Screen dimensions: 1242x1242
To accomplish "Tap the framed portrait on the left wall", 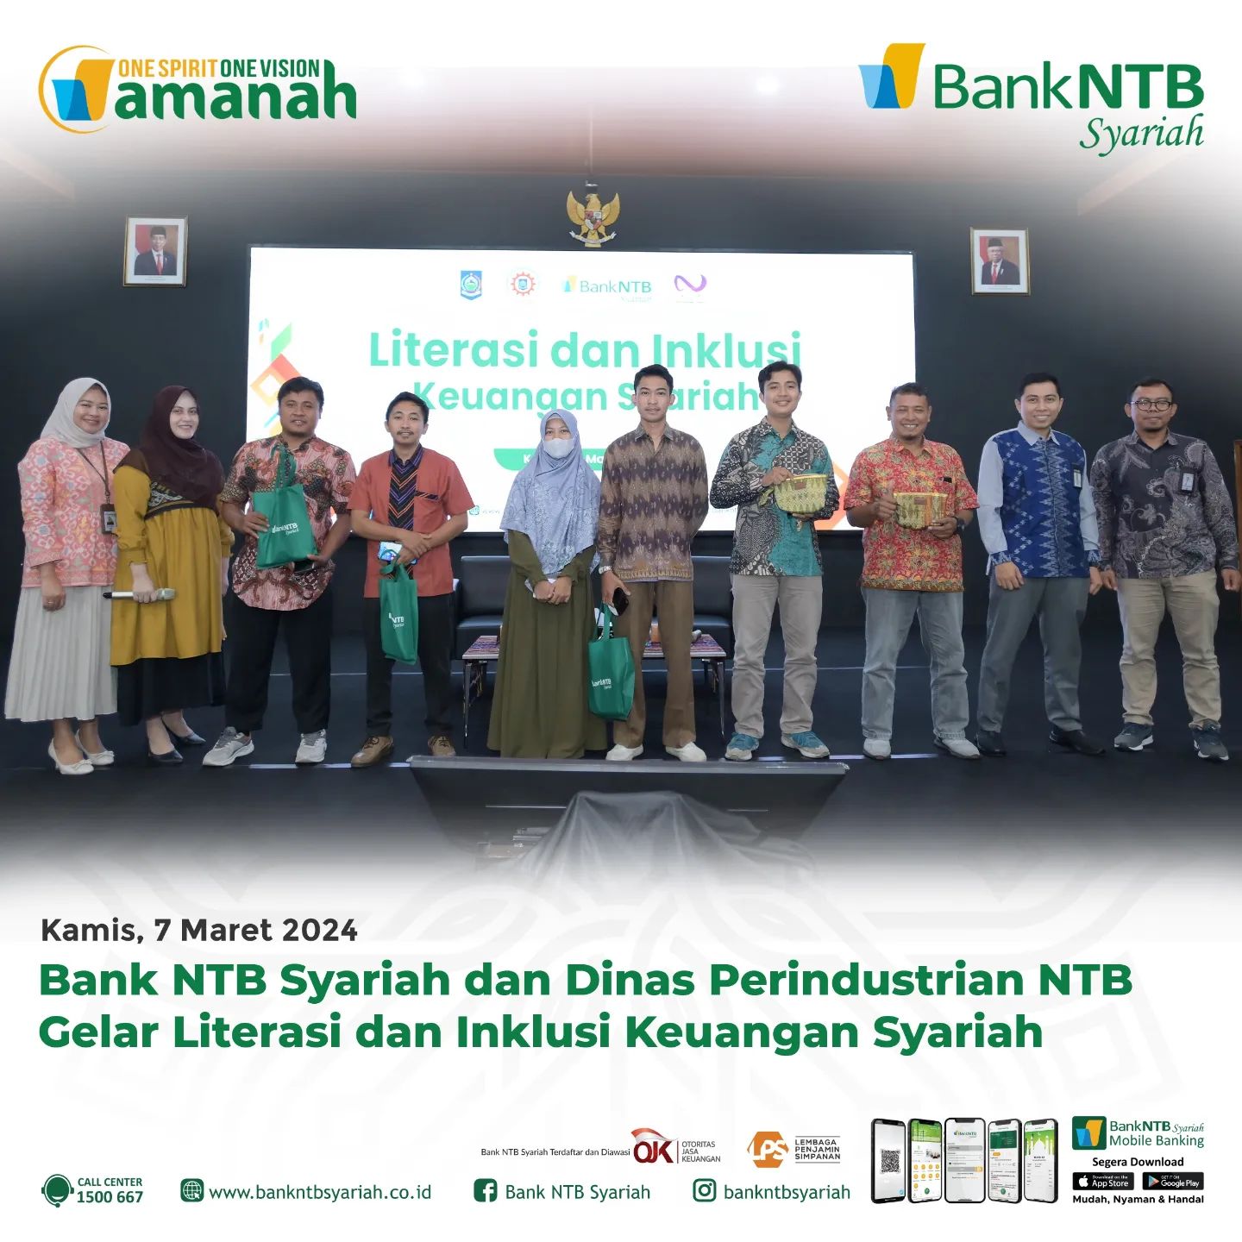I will coord(155,251).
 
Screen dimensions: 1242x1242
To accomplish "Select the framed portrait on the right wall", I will coord(1000,260).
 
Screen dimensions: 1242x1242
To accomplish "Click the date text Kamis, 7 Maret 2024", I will coord(199,930).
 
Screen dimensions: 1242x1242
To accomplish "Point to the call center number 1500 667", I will coord(110,1197).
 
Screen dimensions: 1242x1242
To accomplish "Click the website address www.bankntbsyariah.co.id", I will coord(320,1192).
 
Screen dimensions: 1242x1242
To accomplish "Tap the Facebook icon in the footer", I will coord(486,1191).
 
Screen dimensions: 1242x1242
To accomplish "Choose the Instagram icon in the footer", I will coord(705,1191).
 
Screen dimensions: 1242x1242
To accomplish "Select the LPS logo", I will coord(768,1150).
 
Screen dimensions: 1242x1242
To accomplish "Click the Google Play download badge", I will coord(1172,1182).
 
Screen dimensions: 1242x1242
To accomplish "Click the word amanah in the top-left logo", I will coord(235,97).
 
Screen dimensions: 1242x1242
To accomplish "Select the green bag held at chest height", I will coord(282,526).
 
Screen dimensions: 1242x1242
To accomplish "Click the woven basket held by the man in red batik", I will coord(919,509).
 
